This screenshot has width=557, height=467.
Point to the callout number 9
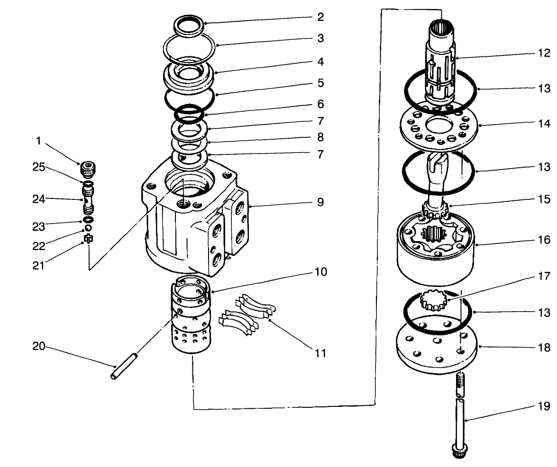(x=320, y=202)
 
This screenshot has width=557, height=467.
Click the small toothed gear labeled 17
(x=434, y=301)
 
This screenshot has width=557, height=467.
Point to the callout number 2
(x=320, y=18)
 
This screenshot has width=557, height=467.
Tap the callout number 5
(x=320, y=83)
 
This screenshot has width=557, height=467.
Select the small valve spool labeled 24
(x=88, y=199)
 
